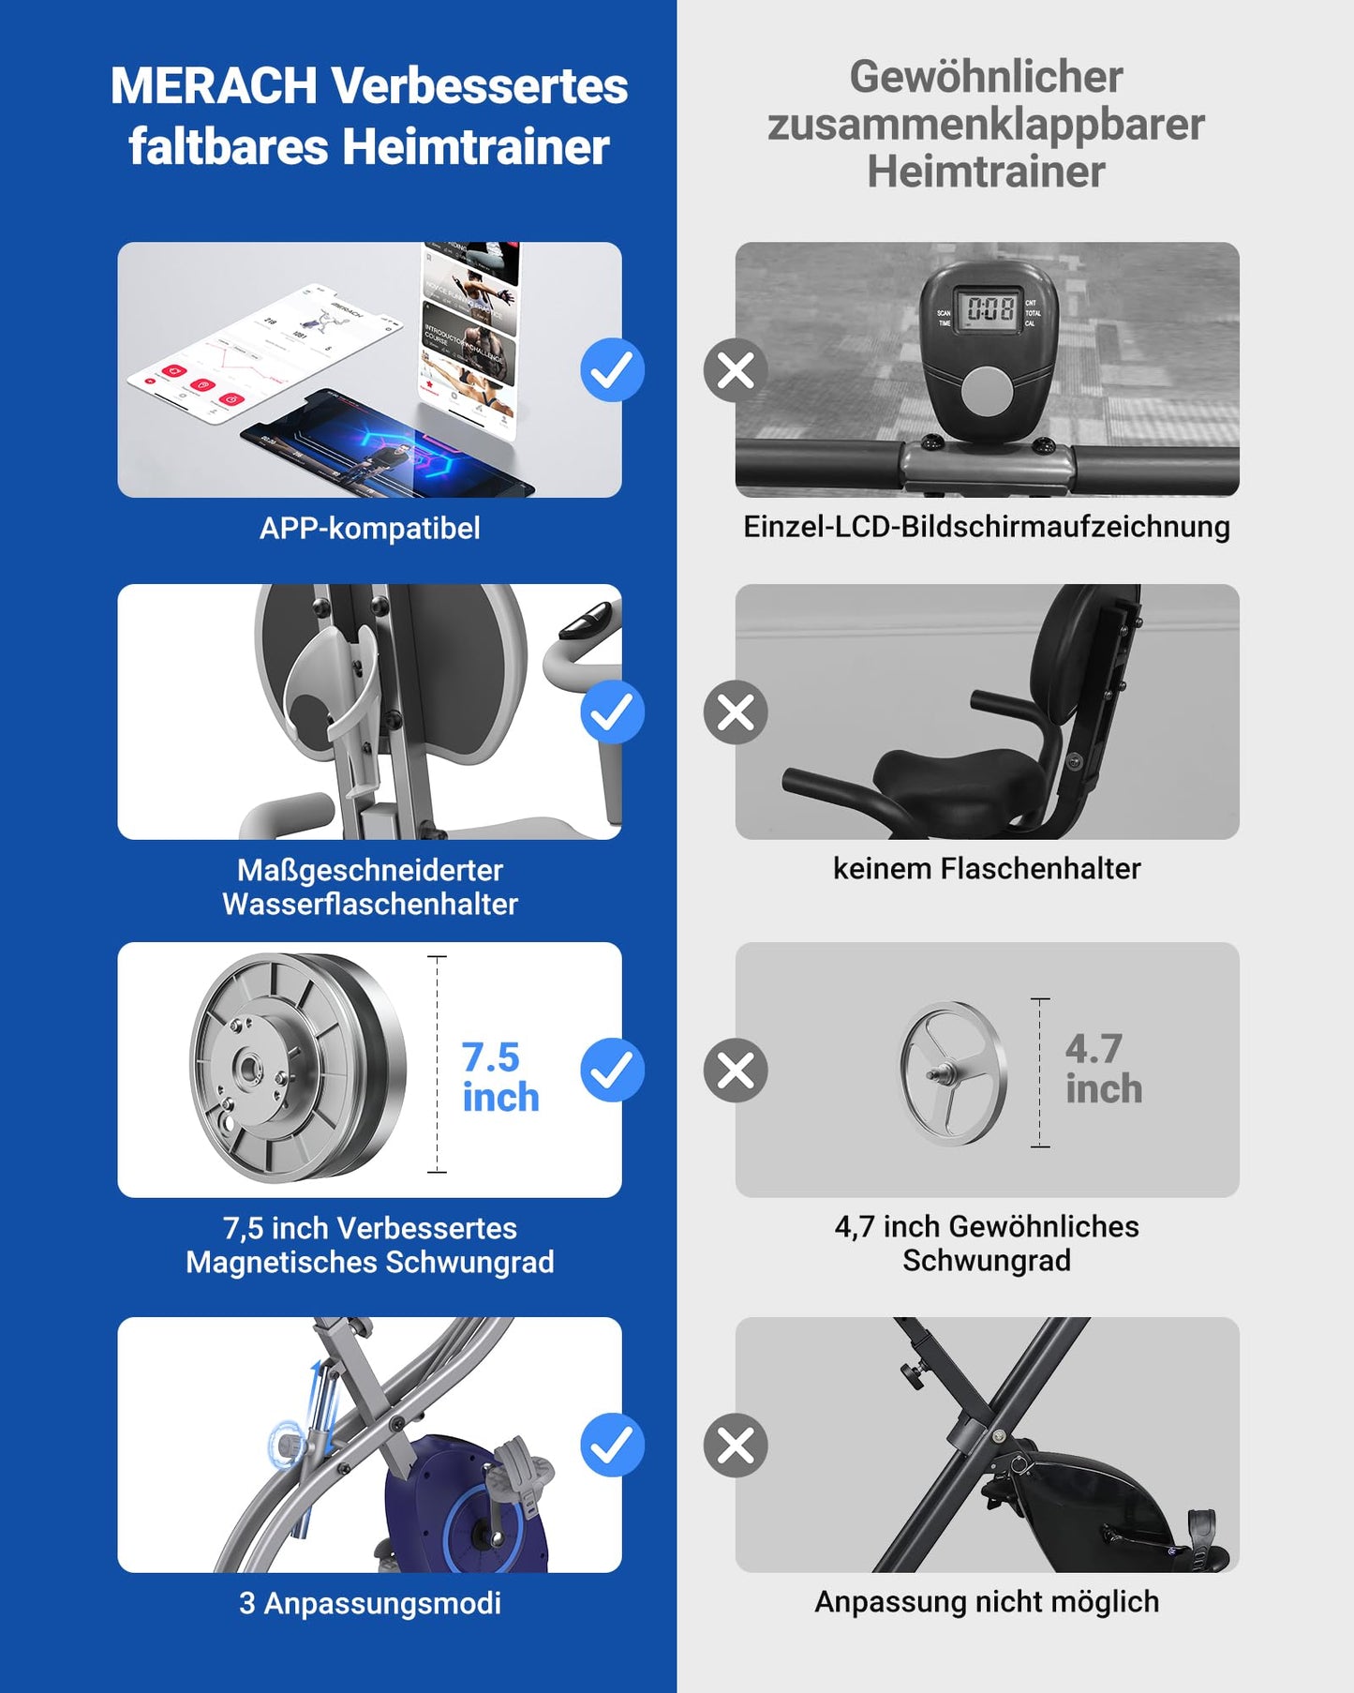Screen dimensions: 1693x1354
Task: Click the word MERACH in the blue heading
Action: pyautogui.click(x=214, y=86)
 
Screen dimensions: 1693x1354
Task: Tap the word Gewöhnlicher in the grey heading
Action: pyautogui.click(x=986, y=77)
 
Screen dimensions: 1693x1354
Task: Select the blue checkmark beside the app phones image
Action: pyautogui.click(x=612, y=370)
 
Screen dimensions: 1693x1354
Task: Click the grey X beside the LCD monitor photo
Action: pyautogui.click(x=736, y=370)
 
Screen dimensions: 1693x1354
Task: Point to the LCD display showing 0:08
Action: pyautogui.click(x=990, y=308)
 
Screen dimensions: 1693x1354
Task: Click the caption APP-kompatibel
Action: pyautogui.click(x=369, y=528)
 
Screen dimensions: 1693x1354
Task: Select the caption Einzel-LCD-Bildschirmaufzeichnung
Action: pyautogui.click(x=986, y=527)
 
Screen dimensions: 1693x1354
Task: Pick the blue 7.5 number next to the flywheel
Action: pyautogui.click(x=490, y=1057)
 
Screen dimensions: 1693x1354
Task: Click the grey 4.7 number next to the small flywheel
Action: pyautogui.click(x=1094, y=1049)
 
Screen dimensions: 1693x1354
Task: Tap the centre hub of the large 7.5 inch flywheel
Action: pyautogui.click(x=249, y=1068)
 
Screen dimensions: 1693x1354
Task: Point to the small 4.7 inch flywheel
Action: pyautogui.click(x=952, y=1073)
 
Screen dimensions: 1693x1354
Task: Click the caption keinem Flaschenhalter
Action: pyautogui.click(x=986, y=869)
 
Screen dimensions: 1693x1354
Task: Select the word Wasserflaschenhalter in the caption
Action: pyautogui.click(x=369, y=905)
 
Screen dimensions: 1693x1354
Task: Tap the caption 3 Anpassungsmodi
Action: pyautogui.click(x=369, y=1603)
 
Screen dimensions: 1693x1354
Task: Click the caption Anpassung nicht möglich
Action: pyautogui.click(x=986, y=1602)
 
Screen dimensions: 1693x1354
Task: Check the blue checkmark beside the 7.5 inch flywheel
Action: pyautogui.click(x=612, y=1070)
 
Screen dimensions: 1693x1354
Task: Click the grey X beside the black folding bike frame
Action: pyautogui.click(x=736, y=1445)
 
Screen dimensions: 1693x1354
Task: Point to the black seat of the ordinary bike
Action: pyautogui.click(x=960, y=774)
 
